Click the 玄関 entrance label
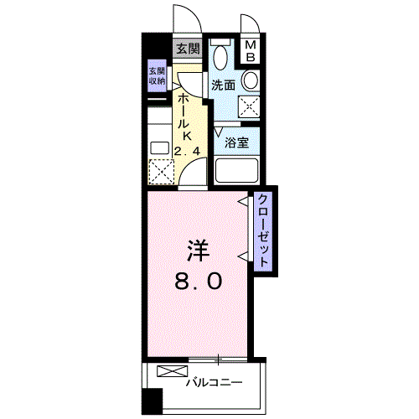(x=187, y=49)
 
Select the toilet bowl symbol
(x=221, y=56)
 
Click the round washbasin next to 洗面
(x=249, y=80)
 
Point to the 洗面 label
(x=222, y=85)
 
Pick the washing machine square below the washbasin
(x=249, y=106)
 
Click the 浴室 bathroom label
(x=236, y=142)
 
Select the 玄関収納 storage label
(x=157, y=76)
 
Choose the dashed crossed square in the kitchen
(x=160, y=172)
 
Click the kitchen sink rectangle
(x=159, y=147)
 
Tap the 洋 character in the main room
(x=197, y=249)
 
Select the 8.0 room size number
(x=199, y=282)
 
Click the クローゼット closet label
(x=263, y=230)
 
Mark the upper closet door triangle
(x=243, y=201)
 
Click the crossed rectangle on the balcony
(x=168, y=371)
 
